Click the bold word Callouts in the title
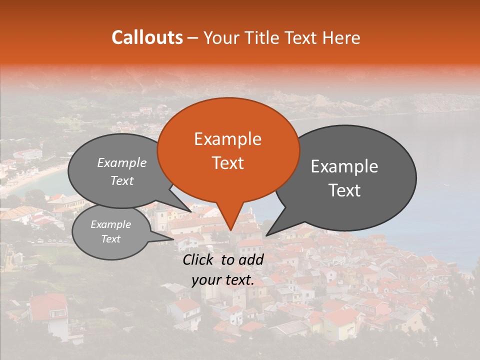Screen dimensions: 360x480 [x=147, y=37]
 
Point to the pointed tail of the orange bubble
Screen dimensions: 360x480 [x=230, y=228]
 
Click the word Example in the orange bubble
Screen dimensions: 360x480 [x=227, y=139]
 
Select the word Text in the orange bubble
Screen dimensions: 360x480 [x=227, y=163]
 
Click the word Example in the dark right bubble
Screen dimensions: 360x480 [x=344, y=166]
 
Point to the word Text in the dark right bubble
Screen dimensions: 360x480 [x=345, y=190]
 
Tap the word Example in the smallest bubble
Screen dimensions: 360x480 [x=111, y=224]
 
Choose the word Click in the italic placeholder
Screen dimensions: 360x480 [x=199, y=259]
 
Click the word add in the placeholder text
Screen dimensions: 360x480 [x=252, y=259]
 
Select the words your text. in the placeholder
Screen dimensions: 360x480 [x=223, y=280]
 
